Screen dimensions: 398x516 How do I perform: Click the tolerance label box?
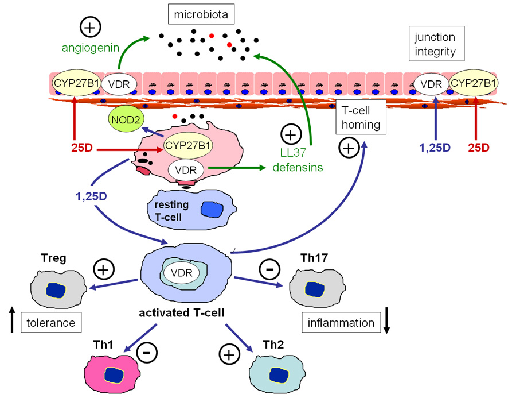click(x=50, y=322)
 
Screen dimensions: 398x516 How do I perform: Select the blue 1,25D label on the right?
click(x=435, y=147)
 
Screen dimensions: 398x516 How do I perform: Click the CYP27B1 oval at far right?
click(x=474, y=83)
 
